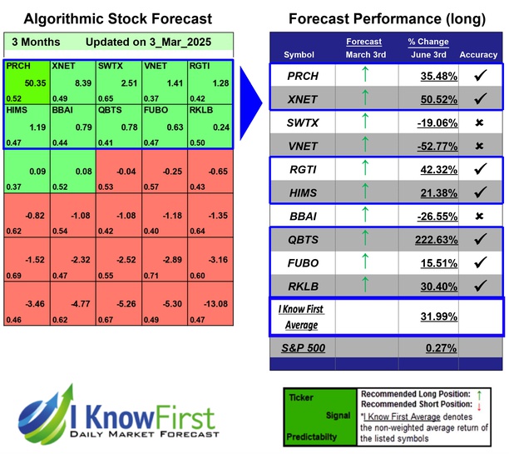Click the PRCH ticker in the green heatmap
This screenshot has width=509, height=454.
click(x=17, y=66)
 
